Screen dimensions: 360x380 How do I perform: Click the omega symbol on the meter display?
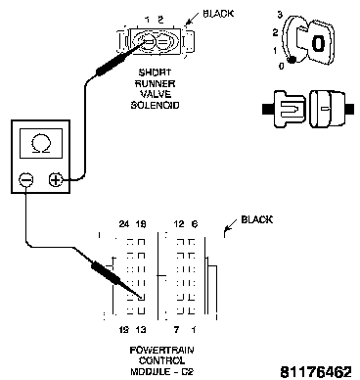pyautogui.click(x=41, y=144)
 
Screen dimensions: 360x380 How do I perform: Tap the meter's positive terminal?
pyautogui.click(x=56, y=179)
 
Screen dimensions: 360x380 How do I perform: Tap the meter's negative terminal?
pyautogui.click(x=26, y=179)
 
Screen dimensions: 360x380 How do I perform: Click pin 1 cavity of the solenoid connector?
pyautogui.click(x=148, y=41)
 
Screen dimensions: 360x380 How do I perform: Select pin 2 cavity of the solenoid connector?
pyautogui.click(x=162, y=42)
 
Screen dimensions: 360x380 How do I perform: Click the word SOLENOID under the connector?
pyautogui.click(x=155, y=106)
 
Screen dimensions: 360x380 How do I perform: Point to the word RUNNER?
pyautogui.click(x=155, y=83)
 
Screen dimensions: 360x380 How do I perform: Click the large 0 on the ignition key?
pyautogui.click(x=318, y=43)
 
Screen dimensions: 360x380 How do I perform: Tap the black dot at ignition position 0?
pyautogui.click(x=292, y=60)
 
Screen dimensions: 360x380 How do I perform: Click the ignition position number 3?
pyautogui.click(x=280, y=15)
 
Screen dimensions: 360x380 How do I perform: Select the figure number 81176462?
pyautogui.click(x=316, y=372)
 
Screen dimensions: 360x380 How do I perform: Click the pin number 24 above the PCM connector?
pyautogui.click(x=124, y=224)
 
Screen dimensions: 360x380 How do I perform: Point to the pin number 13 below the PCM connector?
pyautogui.click(x=141, y=330)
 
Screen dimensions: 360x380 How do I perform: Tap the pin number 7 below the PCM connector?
pyautogui.click(x=176, y=330)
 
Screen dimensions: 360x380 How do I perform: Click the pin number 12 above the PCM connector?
pyautogui.click(x=179, y=224)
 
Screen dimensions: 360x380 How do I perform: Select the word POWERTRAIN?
pyautogui.click(x=161, y=351)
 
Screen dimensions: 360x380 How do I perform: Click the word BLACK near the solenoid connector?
pyautogui.click(x=218, y=14)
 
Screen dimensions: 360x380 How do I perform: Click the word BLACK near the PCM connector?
pyautogui.click(x=256, y=219)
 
